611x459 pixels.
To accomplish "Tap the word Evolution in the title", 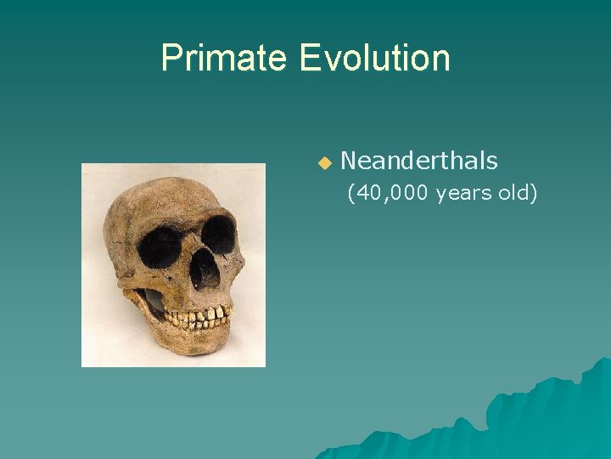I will [374, 58].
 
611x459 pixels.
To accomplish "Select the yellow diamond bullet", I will [323, 161].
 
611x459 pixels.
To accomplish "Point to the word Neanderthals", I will [418, 160].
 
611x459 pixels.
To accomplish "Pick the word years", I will [464, 194].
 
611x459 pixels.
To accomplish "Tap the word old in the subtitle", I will [513, 194].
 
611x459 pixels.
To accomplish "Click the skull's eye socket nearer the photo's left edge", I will [160, 247].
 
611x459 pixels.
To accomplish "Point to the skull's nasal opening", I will [205, 270].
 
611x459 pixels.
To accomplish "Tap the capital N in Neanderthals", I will [348, 160].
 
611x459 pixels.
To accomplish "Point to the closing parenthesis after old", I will [534, 194].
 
